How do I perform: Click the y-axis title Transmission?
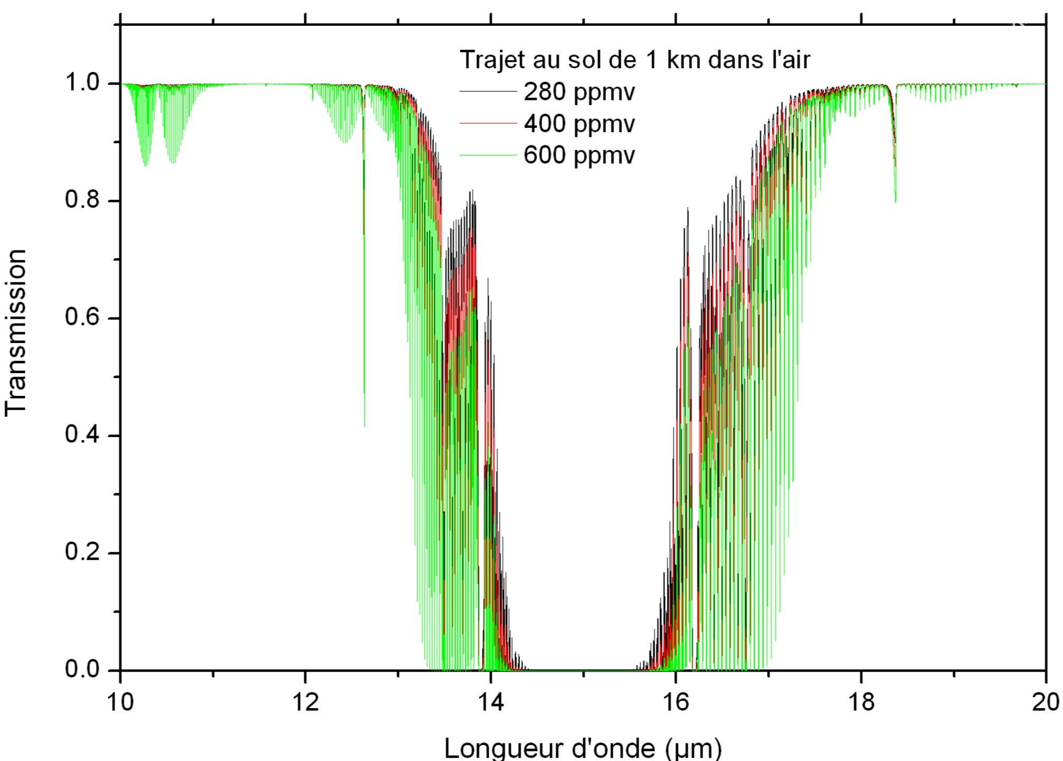click(16, 333)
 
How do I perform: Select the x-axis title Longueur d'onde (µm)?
click(583, 747)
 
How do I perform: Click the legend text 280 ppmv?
click(579, 92)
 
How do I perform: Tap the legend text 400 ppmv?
click(579, 124)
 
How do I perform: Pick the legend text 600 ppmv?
click(579, 155)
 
